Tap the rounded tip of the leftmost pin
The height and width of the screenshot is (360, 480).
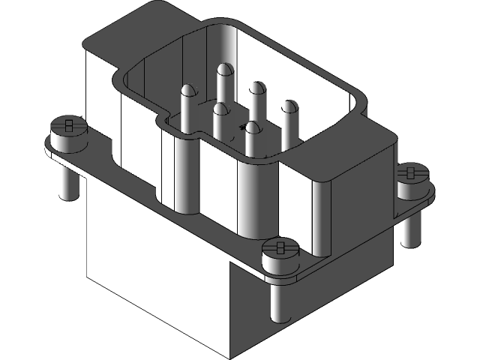click(187, 91)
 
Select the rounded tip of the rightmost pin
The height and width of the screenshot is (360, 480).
click(289, 105)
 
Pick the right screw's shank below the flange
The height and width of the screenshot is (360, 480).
click(409, 228)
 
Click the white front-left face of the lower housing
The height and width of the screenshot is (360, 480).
click(150, 262)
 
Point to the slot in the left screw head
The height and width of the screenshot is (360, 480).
click(68, 124)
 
